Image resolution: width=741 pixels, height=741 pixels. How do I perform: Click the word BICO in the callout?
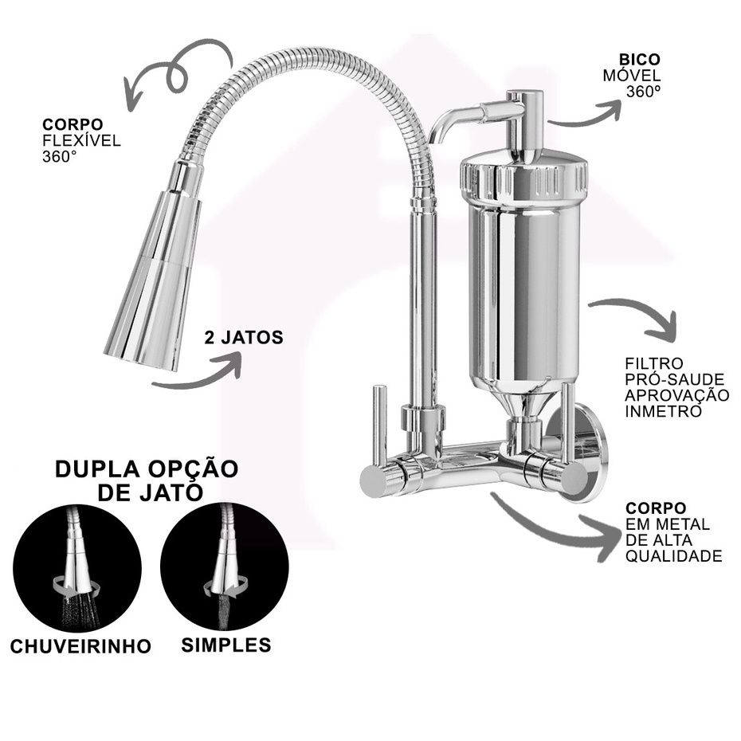click(639, 60)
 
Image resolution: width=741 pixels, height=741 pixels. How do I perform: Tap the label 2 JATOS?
click(244, 337)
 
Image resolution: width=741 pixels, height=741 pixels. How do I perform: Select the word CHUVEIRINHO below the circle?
click(80, 646)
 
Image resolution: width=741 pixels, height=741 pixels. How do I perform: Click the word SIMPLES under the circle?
click(226, 645)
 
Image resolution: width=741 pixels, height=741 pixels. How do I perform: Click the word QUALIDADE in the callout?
click(674, 556)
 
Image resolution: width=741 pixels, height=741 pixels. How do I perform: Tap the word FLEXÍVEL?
click(81, 140)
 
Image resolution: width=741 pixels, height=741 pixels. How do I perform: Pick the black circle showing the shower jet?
click(77, 567)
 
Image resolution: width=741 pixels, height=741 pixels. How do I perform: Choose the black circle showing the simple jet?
click(225, 567)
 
